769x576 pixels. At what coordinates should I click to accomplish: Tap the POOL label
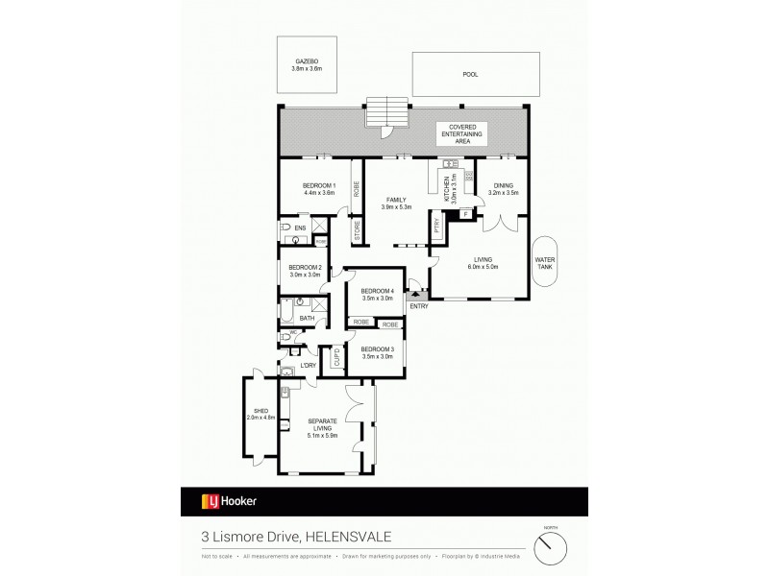click(469, 74)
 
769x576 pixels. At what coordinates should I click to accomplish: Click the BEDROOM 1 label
click(318, 185)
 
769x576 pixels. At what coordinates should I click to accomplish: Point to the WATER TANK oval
click(546, 266)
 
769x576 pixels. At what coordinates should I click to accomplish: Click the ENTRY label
click(418, 305)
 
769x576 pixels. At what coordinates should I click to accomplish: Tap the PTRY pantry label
click(437, 226)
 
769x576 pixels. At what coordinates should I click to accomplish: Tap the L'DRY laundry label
click(309, 365)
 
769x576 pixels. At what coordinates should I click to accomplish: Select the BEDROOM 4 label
click(377, 291)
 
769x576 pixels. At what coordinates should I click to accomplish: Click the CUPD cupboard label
click(336, 357)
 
